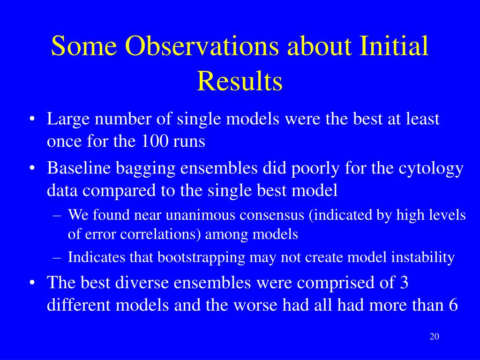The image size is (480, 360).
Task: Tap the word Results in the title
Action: point(240,81)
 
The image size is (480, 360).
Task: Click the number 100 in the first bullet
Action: point(155,141)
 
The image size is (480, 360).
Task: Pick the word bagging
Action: point(145,169)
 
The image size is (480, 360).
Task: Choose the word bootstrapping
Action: point(201,258)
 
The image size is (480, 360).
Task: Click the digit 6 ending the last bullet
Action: point(453,305)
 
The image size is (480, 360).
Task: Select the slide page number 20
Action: point(435,337)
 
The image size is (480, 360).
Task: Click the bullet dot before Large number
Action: point(32,120)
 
